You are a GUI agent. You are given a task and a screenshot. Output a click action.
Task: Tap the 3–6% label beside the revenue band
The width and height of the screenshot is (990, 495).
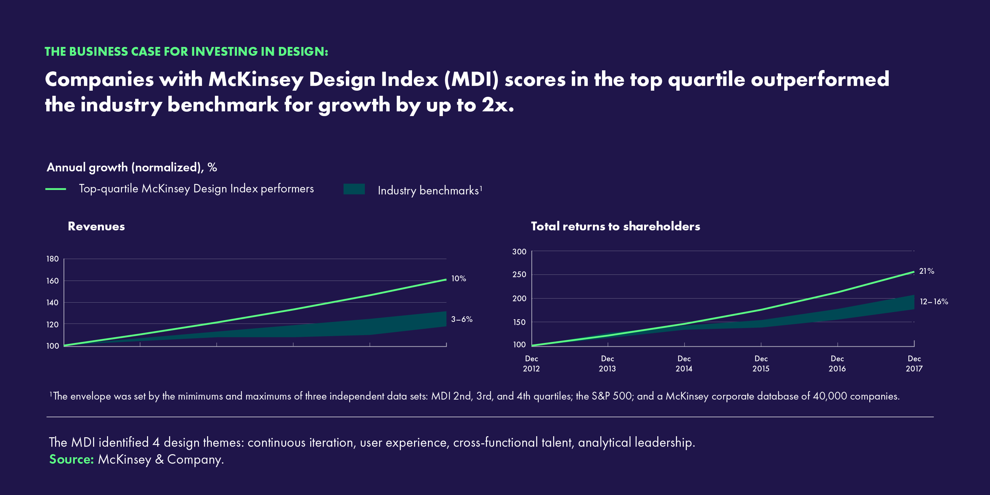click(x=461, y=319)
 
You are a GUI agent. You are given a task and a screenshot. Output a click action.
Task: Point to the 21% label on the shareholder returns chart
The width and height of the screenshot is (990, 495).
click(x=926, y=271)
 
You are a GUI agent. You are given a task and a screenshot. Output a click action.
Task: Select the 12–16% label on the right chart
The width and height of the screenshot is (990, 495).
click(x=934, y=302)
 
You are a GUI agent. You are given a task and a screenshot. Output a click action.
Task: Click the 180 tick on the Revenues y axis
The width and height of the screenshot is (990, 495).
click(x=52, y=259)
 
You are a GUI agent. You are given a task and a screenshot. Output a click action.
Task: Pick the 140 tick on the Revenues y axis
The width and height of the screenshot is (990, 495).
click(x=52, y=303)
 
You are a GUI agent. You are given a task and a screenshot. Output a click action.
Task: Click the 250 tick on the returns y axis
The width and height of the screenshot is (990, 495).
click(x=519, y=275)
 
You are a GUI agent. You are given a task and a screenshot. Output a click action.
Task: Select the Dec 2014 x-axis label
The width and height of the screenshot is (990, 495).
click(x=684, y=363)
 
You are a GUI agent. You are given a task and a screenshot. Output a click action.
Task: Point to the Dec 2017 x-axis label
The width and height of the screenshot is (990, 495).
click(x=914, y=363)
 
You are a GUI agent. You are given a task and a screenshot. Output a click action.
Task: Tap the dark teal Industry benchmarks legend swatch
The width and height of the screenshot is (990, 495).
click(x=354, y=189)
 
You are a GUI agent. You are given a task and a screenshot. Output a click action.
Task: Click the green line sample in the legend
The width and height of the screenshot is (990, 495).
click(x=56, y=189)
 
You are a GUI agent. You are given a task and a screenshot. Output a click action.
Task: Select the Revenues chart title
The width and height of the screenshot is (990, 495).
click(x=96, y=226)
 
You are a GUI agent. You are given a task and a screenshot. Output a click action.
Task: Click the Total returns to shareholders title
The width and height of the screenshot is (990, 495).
click(x=615, y=226)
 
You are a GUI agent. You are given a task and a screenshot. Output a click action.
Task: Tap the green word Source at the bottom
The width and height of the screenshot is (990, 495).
click(x=71, y=459)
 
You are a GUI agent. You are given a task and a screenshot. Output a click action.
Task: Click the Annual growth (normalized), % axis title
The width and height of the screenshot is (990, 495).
click(x=132, y=167)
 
